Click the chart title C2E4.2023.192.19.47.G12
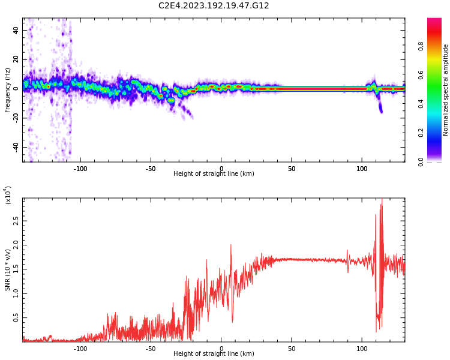click(214, 6)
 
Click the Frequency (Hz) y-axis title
click(8, 90)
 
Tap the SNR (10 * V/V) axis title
click(8, 270)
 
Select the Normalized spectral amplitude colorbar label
click(446, 90)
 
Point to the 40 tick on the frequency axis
click(16, 31)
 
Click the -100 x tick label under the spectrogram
click(80, 169)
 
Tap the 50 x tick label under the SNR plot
click(291, 349)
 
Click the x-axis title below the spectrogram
click(214, 174)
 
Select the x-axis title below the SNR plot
click(214, 354)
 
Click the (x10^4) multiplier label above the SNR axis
click(8, 195)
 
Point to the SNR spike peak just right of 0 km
click(230, 245)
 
